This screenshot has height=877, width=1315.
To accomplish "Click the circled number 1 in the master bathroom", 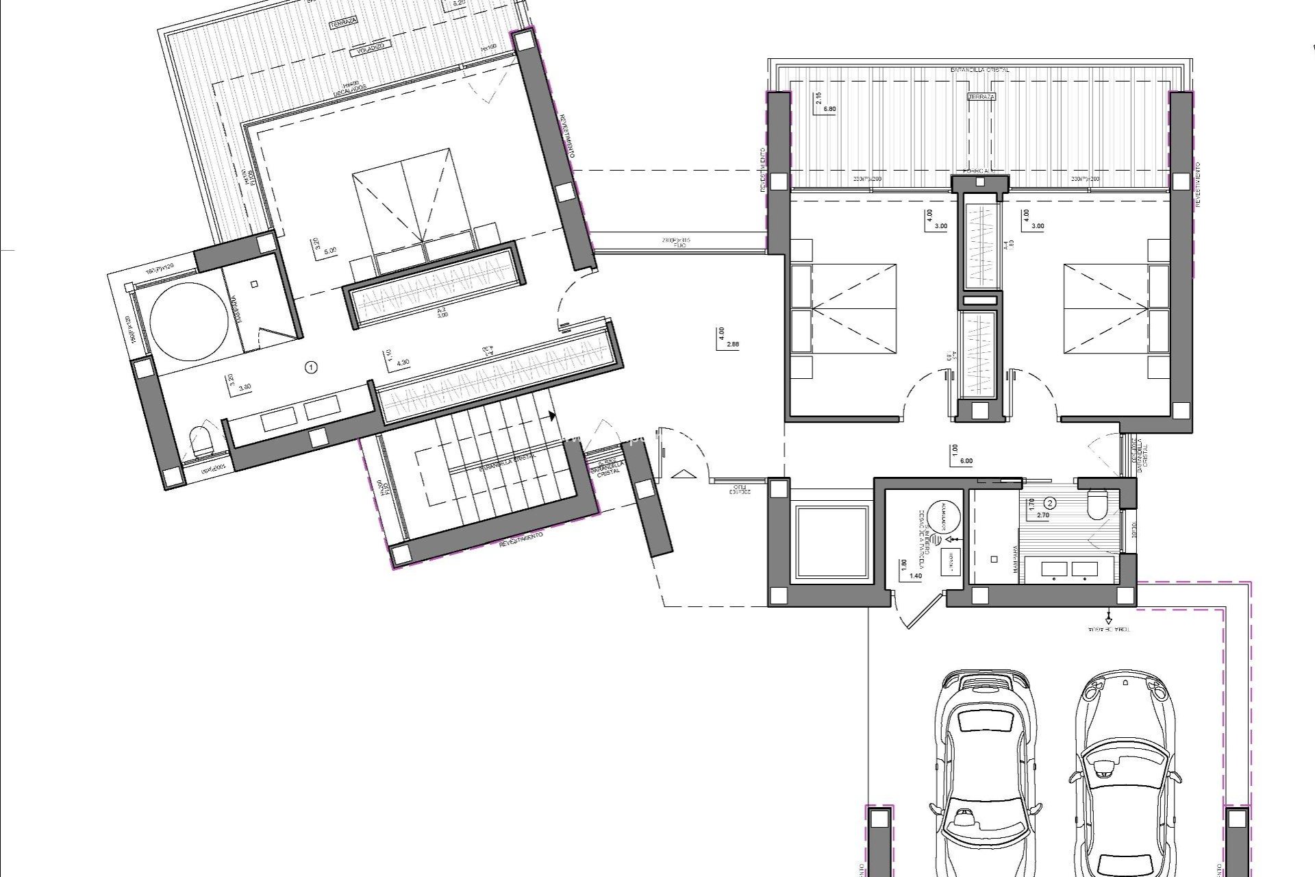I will (312, 368).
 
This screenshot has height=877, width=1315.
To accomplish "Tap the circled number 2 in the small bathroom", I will (1051, 502).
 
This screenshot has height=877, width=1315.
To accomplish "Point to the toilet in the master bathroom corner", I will (201, 440).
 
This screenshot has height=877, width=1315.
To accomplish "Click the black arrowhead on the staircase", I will (551, 415).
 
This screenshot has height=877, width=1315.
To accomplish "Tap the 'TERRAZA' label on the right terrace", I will (981, 97).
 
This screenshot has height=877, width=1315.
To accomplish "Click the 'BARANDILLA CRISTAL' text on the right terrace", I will (979, 70).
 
